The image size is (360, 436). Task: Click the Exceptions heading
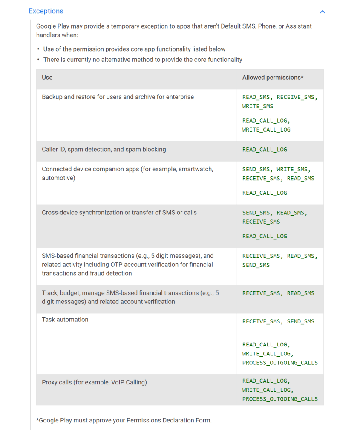(46, 11)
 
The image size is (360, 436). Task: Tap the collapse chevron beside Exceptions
(323, 12)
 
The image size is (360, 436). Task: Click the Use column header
(47, 78)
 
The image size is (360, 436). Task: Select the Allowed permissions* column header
(273, 78)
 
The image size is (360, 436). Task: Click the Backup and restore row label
(118, 97)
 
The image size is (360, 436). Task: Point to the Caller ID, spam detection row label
(104, 150)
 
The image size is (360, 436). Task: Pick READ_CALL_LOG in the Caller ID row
(265, 150)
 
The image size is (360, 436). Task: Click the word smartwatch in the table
(195, 169)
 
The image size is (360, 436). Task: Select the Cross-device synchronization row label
(119, 213)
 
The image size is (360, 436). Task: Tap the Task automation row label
(65, 320)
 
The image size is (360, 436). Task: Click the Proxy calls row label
(94, 383)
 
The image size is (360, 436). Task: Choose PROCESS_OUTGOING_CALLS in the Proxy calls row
(280, 399)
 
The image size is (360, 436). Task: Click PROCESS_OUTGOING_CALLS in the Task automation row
(280, 363)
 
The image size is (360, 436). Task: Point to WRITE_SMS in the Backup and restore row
(258, 107)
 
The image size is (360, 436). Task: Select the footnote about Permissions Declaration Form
(124, 420)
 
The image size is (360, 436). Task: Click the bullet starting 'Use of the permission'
(134, 49)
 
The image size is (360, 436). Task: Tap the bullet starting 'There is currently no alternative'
(143, 60)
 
